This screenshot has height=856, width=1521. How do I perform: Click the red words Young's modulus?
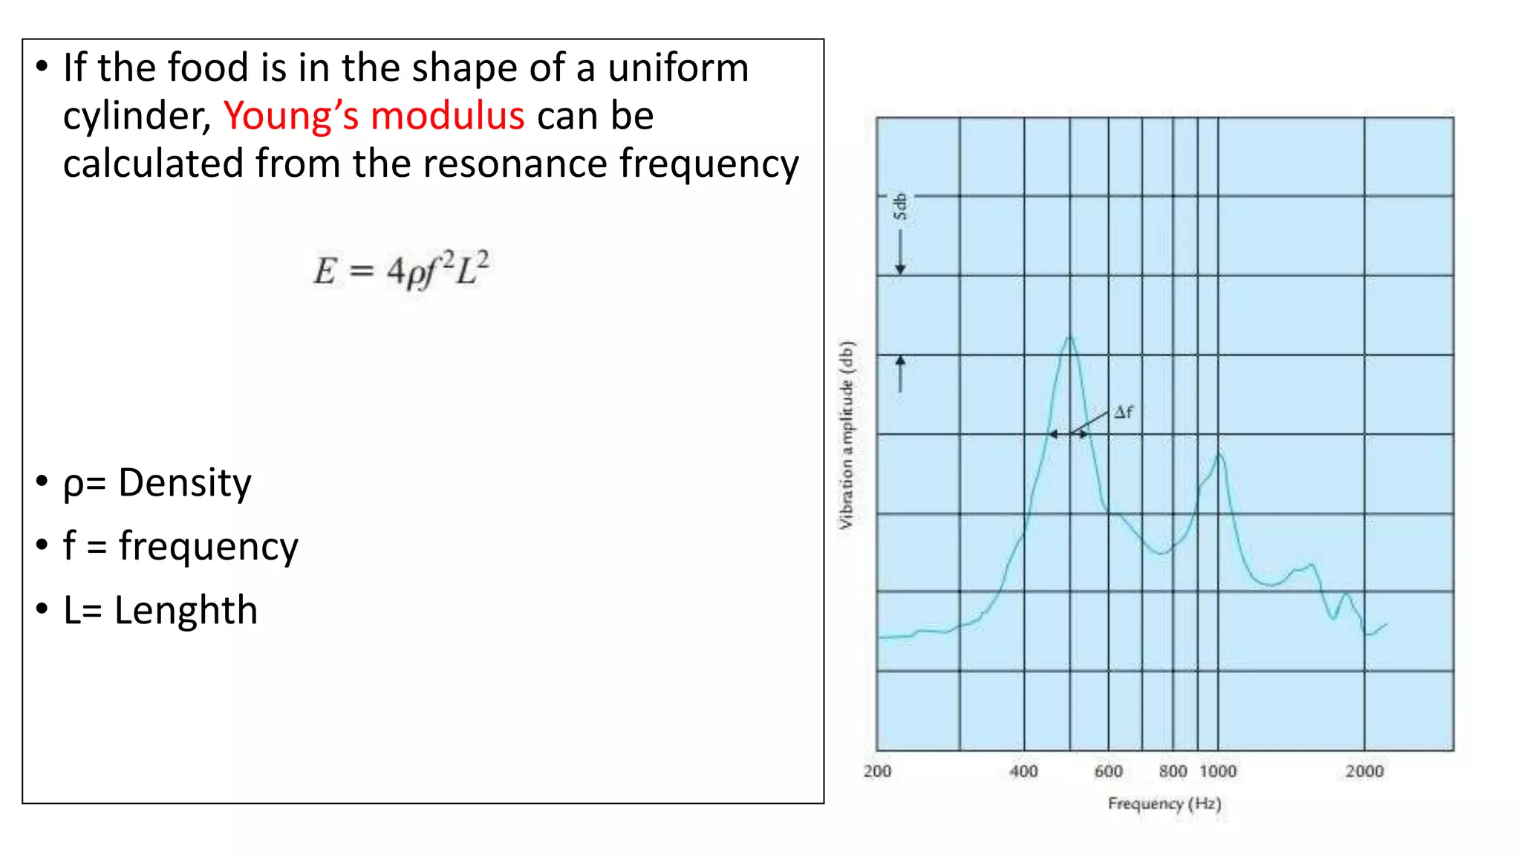374,117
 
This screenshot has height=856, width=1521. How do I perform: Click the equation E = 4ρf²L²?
401,270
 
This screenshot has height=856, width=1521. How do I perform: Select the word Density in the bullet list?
185,484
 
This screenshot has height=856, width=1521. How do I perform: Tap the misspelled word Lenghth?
186,611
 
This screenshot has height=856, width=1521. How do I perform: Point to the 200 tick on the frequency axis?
877,771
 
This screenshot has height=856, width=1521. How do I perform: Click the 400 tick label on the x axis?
1023,771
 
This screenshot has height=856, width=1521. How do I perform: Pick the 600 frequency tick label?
1108,771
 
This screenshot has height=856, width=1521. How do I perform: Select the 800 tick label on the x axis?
1173,771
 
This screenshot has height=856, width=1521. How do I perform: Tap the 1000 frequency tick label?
1218,771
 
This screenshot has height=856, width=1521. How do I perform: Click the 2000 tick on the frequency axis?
1364,771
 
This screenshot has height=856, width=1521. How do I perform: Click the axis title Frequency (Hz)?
1164,804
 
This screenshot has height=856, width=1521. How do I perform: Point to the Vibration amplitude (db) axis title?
847,435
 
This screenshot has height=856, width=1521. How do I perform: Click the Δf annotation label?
1124,412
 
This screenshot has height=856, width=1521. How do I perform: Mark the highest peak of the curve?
1069,338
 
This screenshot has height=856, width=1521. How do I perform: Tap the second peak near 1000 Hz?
1219,454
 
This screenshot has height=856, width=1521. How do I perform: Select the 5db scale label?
900,207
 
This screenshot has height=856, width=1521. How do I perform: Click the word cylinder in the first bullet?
137,117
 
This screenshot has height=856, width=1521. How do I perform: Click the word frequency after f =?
208,547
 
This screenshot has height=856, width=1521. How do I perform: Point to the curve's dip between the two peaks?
1159,553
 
